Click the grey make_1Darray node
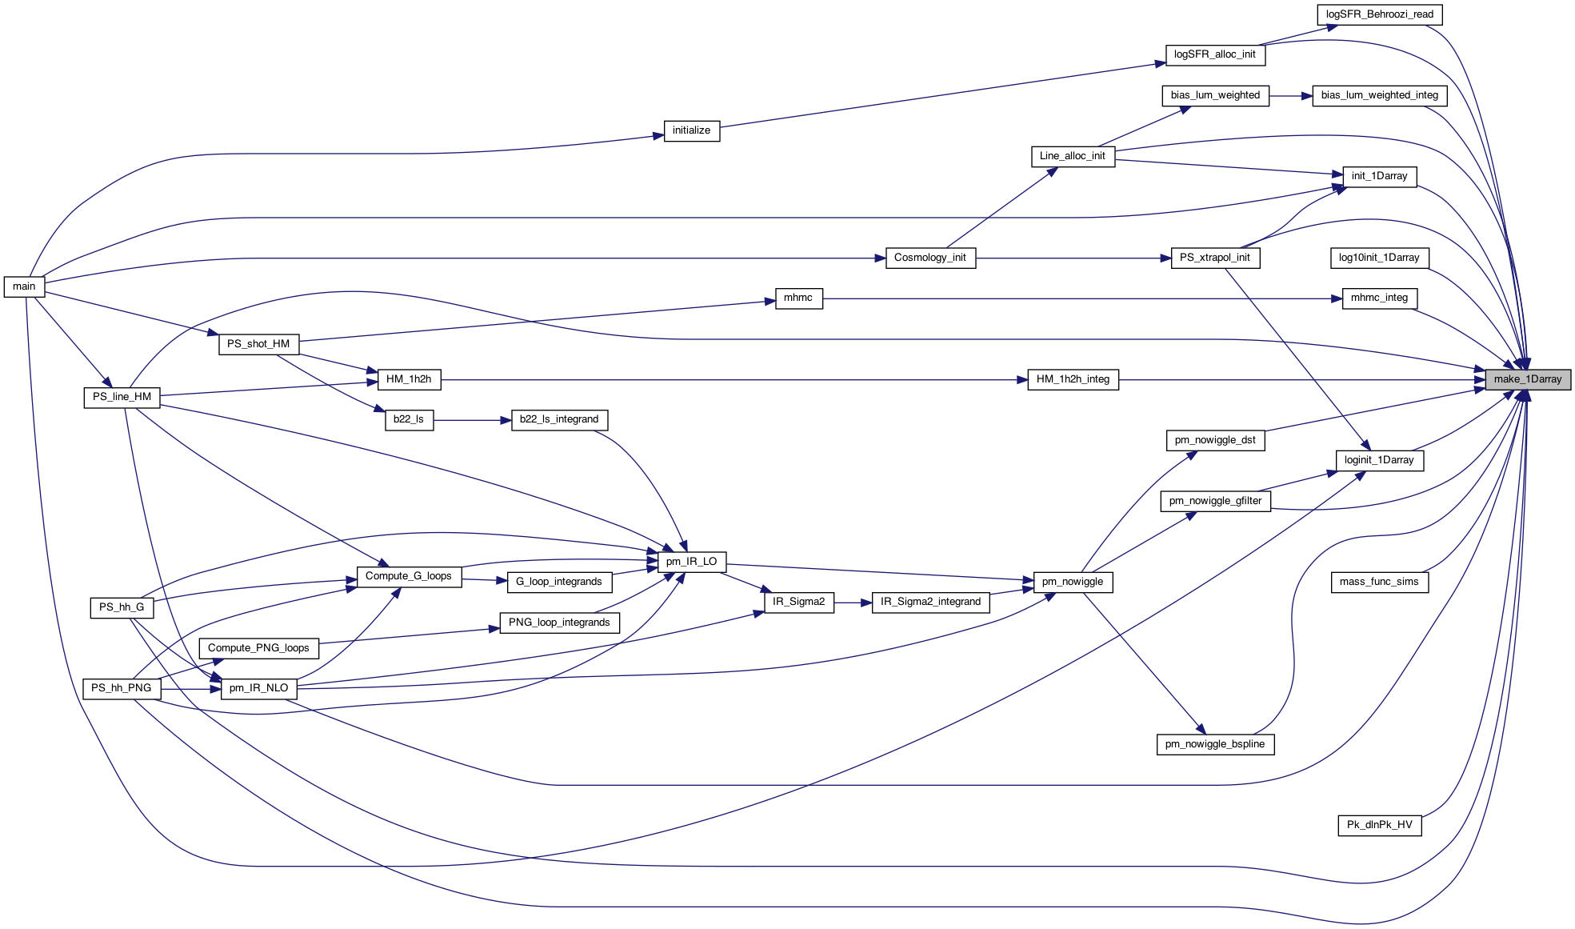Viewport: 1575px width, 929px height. (1527, 379)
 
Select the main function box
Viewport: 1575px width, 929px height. (24, 286)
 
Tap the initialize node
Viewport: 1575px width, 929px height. (691, 130)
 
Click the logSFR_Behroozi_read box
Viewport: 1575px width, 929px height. (1379, 14)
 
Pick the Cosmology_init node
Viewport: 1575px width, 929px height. (929, 258)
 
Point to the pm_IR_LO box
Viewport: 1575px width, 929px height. (691, 562)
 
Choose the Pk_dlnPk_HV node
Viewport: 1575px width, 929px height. (1379, 825)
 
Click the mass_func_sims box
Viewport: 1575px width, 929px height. (1379, 582)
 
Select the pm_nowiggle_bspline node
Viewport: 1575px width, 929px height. (1214, 744)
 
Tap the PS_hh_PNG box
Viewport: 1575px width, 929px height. (121, 688)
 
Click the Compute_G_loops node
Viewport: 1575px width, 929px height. (408, 576)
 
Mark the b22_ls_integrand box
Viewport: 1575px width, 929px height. (558, 419)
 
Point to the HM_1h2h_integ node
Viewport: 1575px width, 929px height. (1073, 379)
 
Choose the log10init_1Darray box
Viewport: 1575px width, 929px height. (1379, 258)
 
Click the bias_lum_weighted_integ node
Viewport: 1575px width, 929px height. (1379, 95)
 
